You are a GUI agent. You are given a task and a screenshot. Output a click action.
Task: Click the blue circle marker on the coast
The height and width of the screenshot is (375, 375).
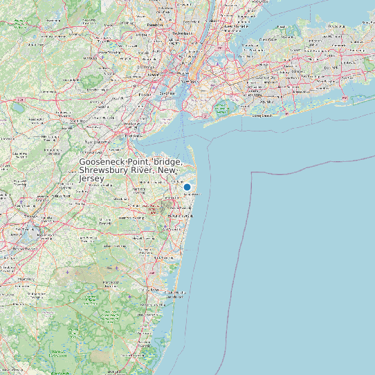(x=187, y=187)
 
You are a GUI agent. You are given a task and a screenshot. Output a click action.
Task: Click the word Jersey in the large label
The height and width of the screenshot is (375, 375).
(x=91, y=179)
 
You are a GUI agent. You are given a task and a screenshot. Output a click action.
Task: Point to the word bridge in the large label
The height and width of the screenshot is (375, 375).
(x=153, y=161)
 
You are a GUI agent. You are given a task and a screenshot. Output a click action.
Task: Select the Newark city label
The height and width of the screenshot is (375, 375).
(x=153, y=73)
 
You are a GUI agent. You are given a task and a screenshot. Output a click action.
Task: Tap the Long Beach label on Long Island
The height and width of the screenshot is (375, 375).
(x=261, y=116)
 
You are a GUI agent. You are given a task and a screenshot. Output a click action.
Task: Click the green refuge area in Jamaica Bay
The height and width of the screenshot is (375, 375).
(x=221, y=107)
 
